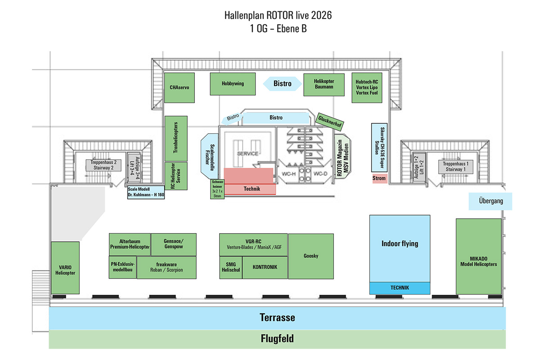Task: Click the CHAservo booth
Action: click(179, 88)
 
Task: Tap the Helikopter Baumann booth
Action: click(324, 84)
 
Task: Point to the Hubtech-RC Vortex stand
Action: click(367, 87)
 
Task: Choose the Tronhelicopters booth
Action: click(176, 138)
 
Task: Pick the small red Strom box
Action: click(379, 179)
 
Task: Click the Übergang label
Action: click(490, 201)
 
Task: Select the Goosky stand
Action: click(310, 256)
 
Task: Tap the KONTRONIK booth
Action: click(265, 267)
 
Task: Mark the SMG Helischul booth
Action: click(231, 267)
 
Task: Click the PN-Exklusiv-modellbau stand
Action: click(123, 267)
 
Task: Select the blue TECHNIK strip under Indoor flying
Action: click(400, 288)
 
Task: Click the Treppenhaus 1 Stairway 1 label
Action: click(457, 166)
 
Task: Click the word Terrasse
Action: click(277, 318)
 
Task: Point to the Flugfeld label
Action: click(277, 339)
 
